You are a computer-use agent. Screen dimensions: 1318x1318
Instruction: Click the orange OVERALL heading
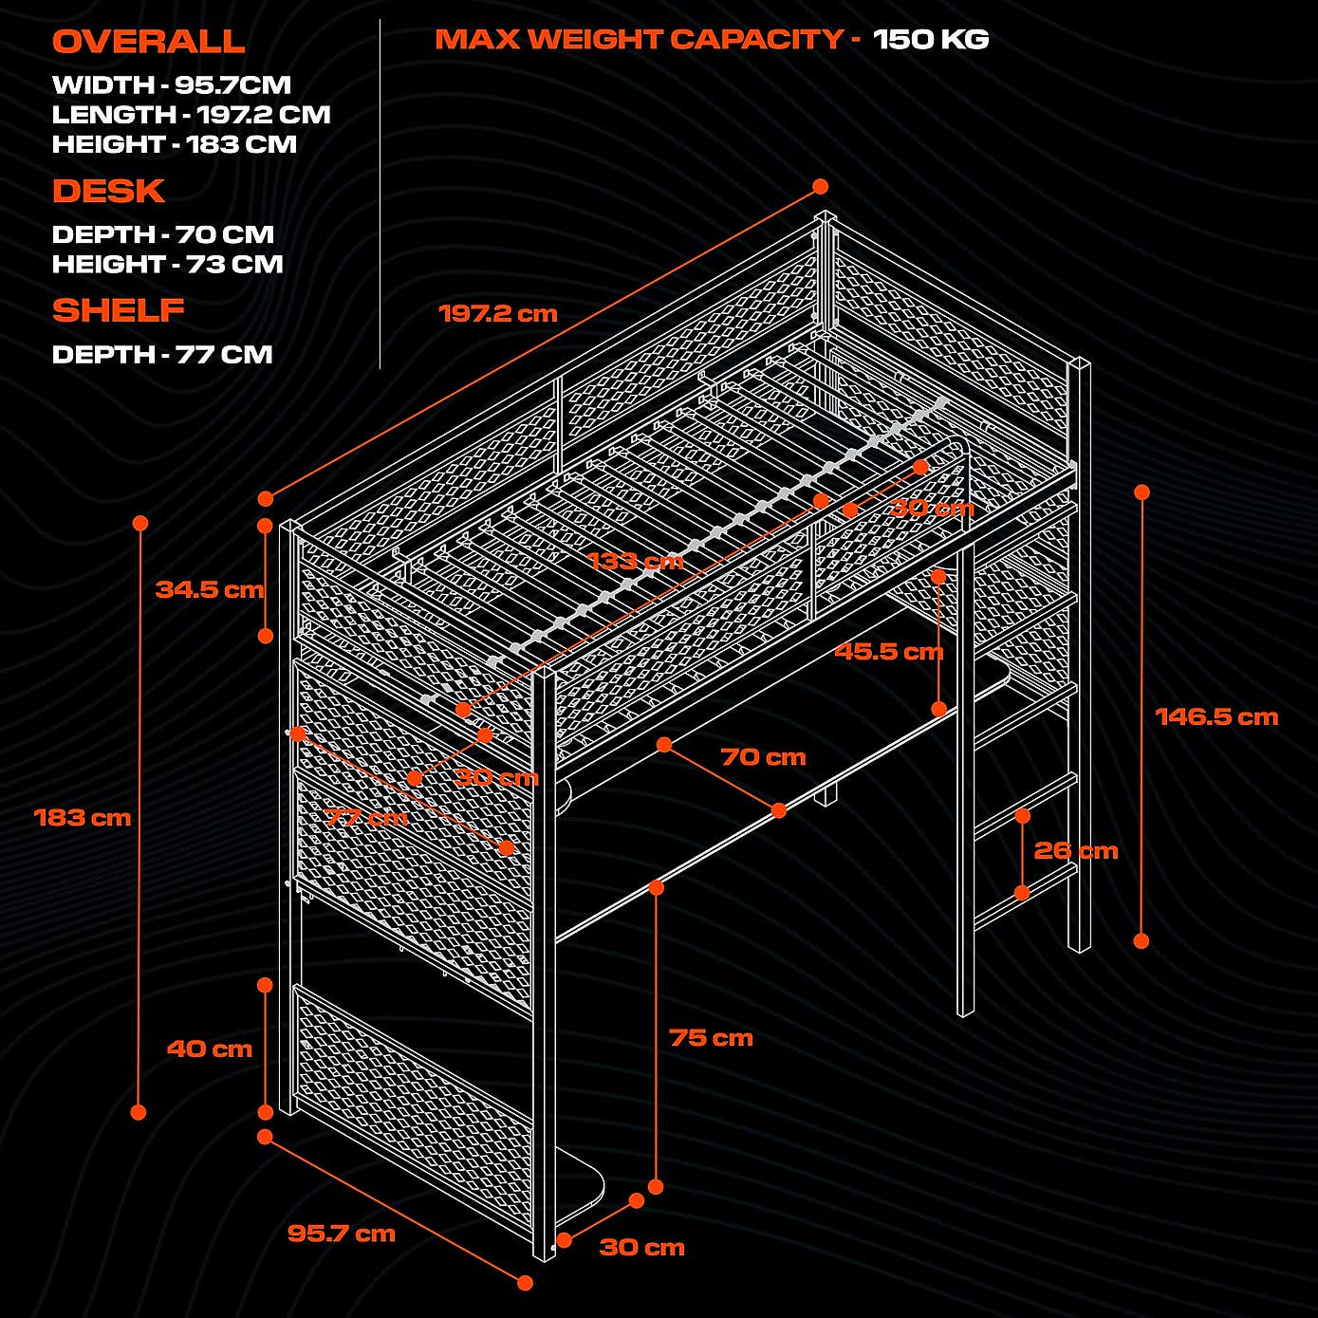pyautogui.click(x=148, y=42)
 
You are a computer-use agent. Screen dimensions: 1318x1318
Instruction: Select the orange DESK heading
pyautogui.click(x=108, y=192)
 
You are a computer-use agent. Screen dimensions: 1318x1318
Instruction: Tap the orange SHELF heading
pyautogui.click(x=118, y=310)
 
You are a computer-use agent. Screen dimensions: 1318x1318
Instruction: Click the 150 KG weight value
pyautogui.click(x=930, y=40)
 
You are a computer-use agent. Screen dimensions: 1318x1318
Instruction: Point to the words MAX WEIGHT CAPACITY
pyautogui.click(x=639, y=40)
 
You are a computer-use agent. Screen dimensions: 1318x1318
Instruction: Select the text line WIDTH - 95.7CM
pyautogui.click(x=171, y=85)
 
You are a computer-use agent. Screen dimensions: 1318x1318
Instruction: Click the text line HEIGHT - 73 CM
pyautogui.click(x=167, y=265)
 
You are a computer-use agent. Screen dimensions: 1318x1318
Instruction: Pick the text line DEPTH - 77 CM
pyautogui.click(x=162, y=355)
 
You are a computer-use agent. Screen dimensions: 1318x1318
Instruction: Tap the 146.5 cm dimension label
pyautogui.click(x=1216, y=717)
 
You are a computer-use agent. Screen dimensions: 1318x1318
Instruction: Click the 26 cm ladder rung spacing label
pyautogui.click(x=1075, y=851)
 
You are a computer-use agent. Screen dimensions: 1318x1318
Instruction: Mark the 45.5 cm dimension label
pyautogui.click(x=888, y=652)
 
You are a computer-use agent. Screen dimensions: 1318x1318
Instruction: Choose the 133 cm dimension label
pyautogui.click(x=635, y=561)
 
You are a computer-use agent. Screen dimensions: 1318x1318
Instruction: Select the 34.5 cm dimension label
pyautogui.click(x=210, y=589)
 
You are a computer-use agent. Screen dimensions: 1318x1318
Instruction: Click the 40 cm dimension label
pyautogui.click(x=209, y=1049)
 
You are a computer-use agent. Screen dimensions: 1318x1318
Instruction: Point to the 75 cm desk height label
pyautogui.click(x=711, y=1038)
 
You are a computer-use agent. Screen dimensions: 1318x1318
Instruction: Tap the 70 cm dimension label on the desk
pyautogui.click(x=763, y=757)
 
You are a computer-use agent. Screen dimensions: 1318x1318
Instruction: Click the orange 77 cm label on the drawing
pyautogui.click(x=366, y=817)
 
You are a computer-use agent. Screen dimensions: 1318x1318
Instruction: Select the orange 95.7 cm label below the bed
pyautogui.click(x=341, y=1234)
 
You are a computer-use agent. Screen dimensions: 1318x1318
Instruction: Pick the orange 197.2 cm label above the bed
pyautogui.click(x=497, y=314)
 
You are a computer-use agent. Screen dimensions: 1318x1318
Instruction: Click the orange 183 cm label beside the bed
pyautogui.click(x=83, y=818)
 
